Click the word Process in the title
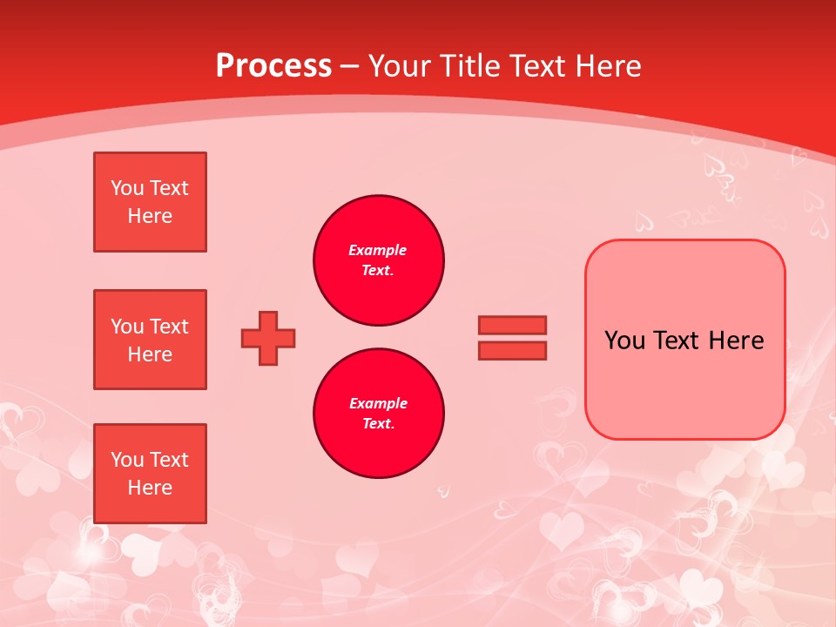[x=273, y=66]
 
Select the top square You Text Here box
[x=150, y=202]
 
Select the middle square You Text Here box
[x=150, y=340]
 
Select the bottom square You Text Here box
[x=150, y=474]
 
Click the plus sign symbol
[x=268, y=339]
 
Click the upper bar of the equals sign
[x=512, y=326]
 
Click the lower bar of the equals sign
[x=512, y=350]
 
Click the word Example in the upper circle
[x=378, y=250]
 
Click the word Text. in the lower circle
[x=378, y=424]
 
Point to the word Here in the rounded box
[x=736, y=340]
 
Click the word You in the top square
[x=127, y=188]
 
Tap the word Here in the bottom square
[x=150, y=488]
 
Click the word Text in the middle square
[x=168, y=327]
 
